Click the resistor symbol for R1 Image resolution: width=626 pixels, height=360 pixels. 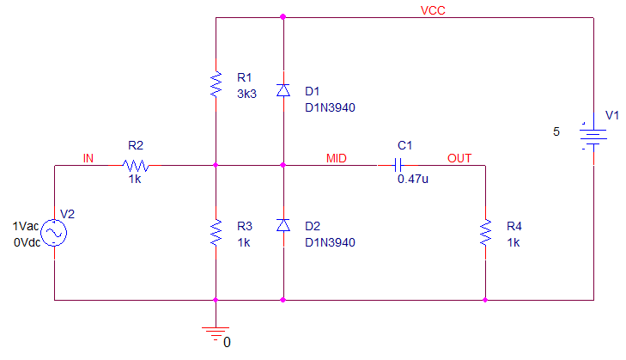coord(216,84)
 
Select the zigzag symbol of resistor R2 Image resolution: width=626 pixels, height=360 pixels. coord(136,166)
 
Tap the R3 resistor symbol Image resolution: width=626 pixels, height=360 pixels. coord(216,233)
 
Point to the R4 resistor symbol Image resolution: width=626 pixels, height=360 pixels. coord(485,233)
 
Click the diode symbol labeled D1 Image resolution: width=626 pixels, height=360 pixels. coord(283,91)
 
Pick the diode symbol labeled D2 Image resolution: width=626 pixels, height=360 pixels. coord(283,226)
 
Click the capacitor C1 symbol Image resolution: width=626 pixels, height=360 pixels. coord(398,165)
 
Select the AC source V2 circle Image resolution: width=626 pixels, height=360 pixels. coord(54,233)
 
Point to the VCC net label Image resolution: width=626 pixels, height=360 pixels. coord(433,10)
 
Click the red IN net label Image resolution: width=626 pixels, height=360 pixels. coord(88,158)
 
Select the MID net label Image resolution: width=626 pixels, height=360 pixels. coord(337,158)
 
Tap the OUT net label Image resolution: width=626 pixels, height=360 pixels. coord(459,158)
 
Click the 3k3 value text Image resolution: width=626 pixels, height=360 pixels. coord(246,94)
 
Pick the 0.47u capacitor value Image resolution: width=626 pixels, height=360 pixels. coord(413,179)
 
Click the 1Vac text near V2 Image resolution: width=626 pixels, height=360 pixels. coord(26,226)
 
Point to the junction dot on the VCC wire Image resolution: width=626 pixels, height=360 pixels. coord(283,17)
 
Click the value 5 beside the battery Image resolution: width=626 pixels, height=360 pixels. coord(556,131)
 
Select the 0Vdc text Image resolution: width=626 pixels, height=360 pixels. coord(27,242)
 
